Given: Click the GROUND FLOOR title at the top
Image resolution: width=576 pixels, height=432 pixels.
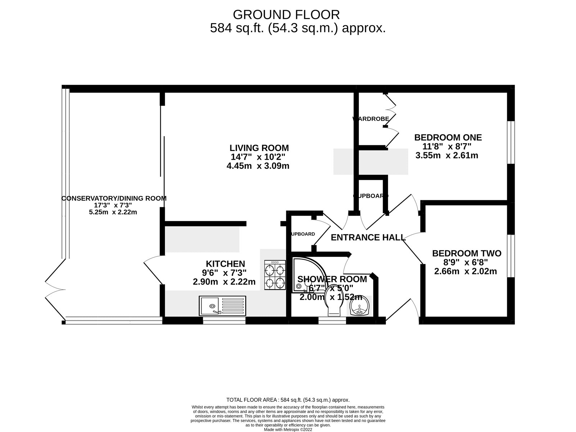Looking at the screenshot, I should click(286, 15).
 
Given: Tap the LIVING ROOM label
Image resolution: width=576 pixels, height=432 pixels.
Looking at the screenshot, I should click(259, 148).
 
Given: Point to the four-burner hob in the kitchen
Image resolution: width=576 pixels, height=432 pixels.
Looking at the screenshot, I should click(275, 275).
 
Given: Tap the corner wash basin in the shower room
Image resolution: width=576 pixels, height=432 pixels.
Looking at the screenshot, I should click(360, 307).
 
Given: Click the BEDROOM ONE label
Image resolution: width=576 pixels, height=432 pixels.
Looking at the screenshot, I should click(448, 137).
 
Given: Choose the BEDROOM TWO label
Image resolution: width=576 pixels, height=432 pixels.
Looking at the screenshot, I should click(467, 254).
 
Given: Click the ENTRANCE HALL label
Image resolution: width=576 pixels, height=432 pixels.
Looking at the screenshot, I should click(368, 237).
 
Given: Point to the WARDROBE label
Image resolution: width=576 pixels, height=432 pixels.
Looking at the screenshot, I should click(371, 119).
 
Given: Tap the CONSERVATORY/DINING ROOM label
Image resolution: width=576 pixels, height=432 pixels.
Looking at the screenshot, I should click(114, 198).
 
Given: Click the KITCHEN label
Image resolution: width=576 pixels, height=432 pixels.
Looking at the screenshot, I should click(225, 264).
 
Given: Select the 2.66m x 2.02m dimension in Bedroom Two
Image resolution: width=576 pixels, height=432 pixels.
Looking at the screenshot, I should click(465, 272).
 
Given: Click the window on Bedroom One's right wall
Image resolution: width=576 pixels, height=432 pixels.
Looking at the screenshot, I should click(510, 142).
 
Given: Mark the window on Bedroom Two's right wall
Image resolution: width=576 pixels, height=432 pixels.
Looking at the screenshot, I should click(510, 256).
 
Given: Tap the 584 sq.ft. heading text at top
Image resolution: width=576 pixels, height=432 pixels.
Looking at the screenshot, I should click(298, 28).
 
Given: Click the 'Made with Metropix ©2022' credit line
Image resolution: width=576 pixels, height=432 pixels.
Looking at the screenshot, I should click(288, 429).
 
